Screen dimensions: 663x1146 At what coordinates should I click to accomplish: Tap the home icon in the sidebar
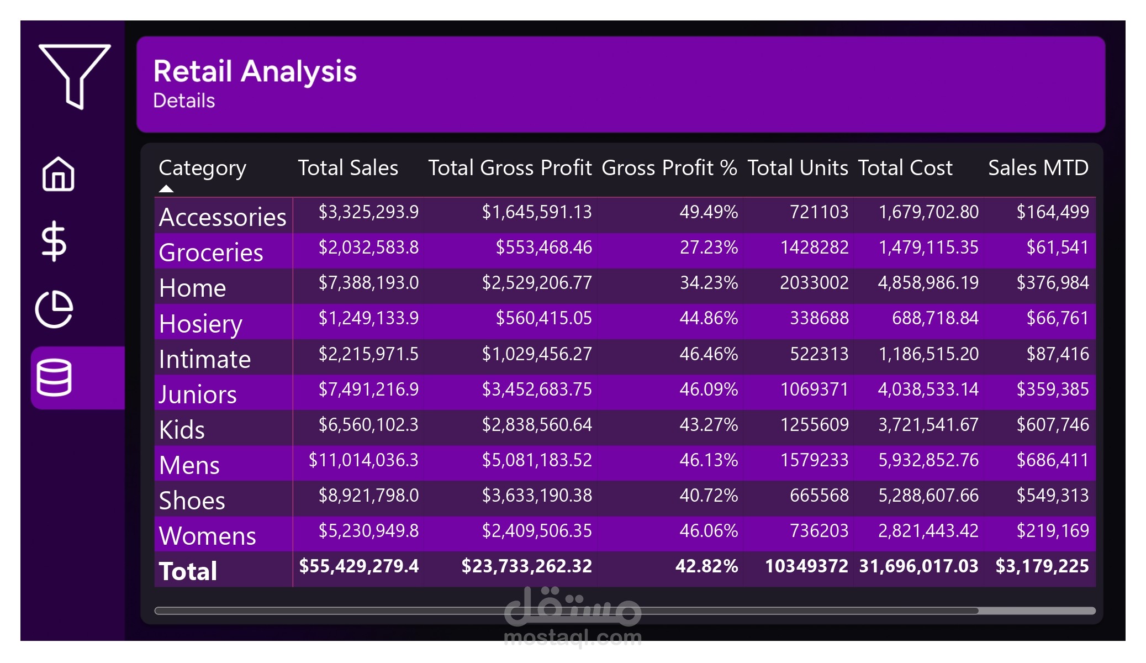(x=58, y=174)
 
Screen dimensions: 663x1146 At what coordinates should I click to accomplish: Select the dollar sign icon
(x=54, y=241)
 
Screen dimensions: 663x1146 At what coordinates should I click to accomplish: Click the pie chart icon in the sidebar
(x=54, y=309)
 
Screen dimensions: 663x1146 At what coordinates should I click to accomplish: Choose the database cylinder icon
(x=54, y=378)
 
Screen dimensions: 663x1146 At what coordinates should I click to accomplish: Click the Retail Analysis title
(x=255, y=71)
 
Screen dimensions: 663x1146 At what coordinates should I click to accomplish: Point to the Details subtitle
(x=184, y=101)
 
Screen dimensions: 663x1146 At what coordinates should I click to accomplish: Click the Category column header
(x=202, y=168)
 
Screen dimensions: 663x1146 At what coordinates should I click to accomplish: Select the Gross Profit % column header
(x=669, y=168)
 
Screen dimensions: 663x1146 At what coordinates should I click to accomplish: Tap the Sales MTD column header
(x=1038, y=168)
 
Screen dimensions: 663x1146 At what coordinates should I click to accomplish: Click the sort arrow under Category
(x=166, y=189)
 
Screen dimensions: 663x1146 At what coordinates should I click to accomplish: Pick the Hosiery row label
(x=200, y=324)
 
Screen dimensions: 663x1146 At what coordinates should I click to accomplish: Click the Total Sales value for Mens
(x=363, y=460)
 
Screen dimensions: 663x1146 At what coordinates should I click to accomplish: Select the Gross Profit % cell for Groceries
(x=709, y=248)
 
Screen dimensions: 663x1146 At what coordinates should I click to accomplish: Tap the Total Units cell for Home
(x=814, y=283)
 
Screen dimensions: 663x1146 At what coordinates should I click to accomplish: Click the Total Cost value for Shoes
(x=928, y=496)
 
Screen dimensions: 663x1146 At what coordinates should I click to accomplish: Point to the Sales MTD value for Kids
(x=1053, y=425)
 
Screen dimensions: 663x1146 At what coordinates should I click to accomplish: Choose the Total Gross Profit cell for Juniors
(x=537, y=390)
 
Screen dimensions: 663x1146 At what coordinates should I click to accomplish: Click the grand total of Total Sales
(x=359, y=566)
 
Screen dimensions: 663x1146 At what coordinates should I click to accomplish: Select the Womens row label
(x=207, y=536)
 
